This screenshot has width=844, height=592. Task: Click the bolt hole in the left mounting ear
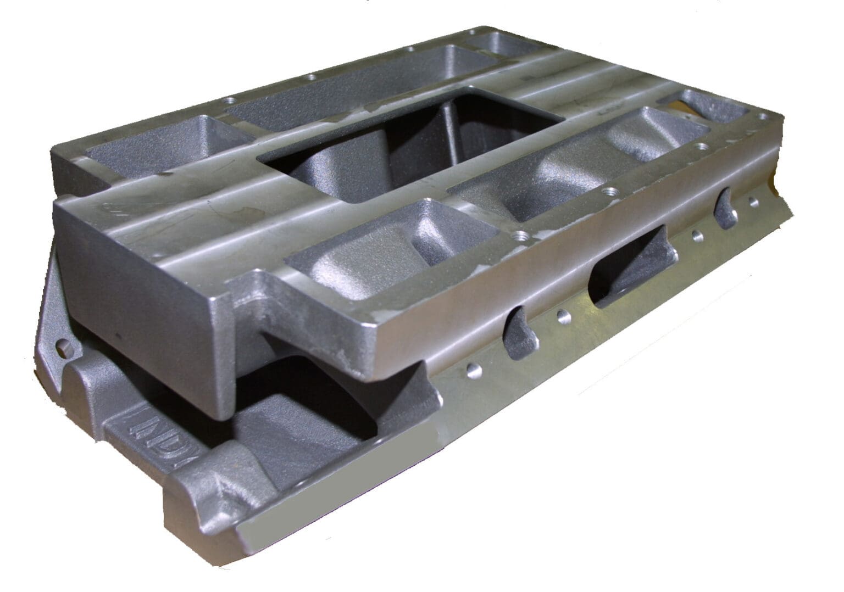[64, 347]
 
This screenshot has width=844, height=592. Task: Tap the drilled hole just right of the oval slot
[697, 237]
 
